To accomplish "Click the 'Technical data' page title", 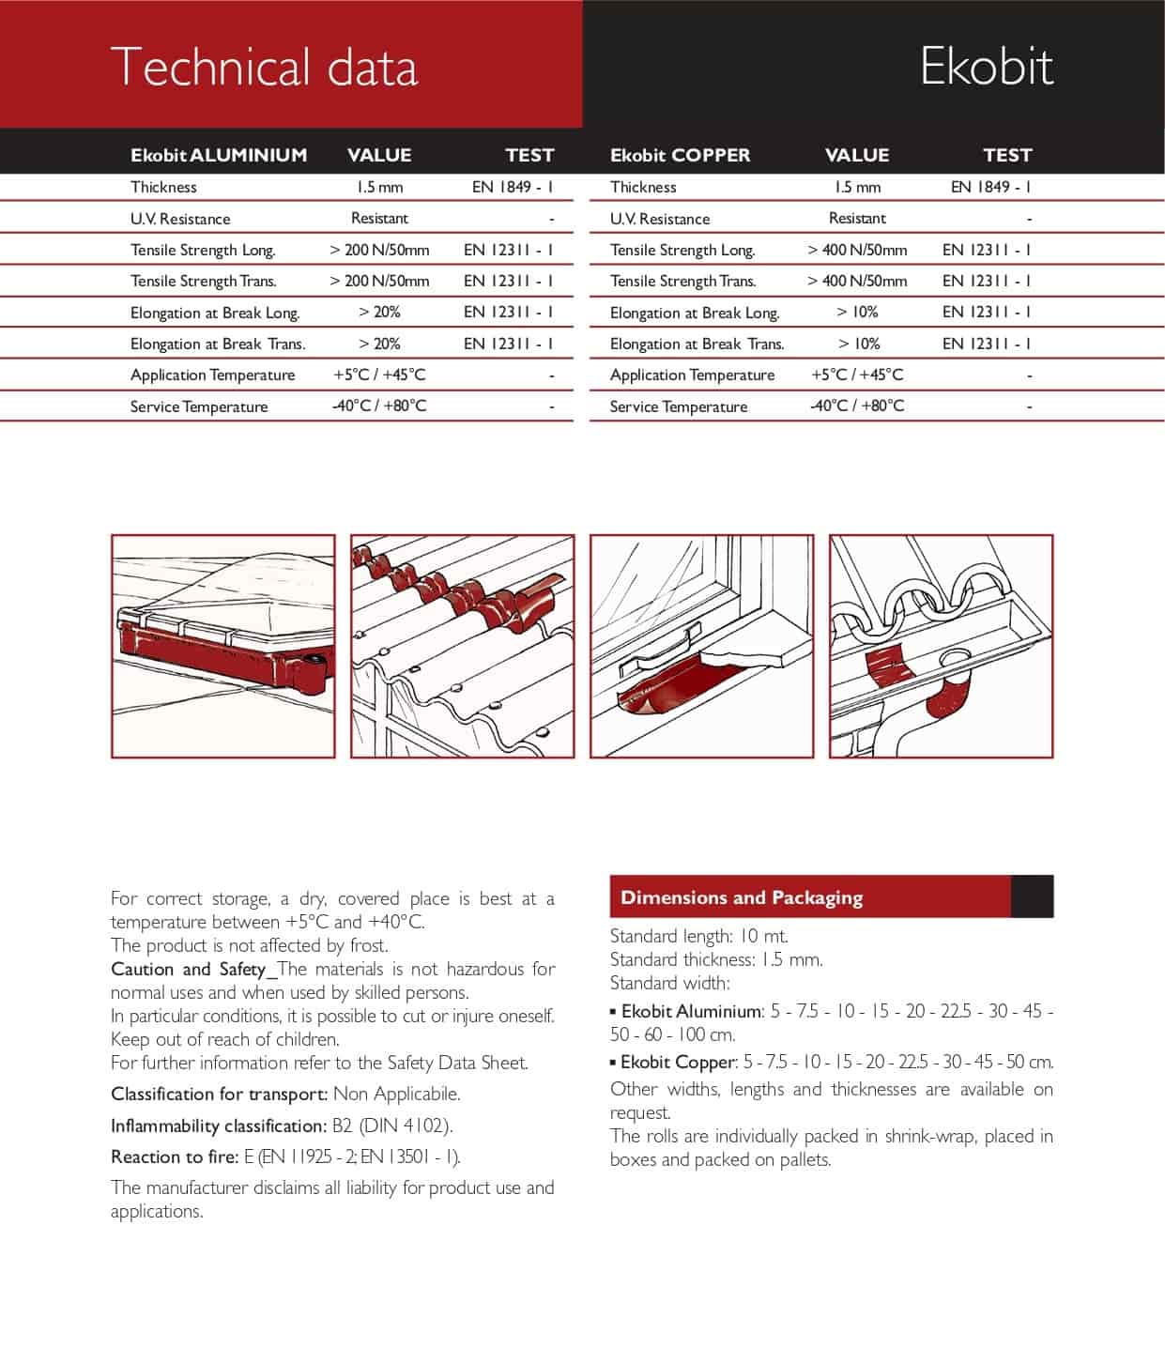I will tap(264, 68).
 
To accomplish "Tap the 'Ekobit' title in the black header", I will tap(986, 67).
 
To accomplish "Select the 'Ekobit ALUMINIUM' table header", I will tap(219, 155).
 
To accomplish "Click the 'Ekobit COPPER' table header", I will tap(680, 155).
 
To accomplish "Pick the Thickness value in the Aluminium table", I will tap(379, 187).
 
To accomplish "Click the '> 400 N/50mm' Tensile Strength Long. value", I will tap(857, 250).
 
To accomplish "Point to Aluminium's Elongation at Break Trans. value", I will tap(379, 344).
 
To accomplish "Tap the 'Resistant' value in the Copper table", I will tap(857, 218).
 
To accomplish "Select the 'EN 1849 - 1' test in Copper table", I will tap(990, 187).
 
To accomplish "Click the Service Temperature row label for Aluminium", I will tap(199, 406).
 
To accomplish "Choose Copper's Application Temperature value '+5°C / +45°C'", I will tap(857, 375).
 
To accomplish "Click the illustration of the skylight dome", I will tap(223, 646).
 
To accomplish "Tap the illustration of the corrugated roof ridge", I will tap(463, 646).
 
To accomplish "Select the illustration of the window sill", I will tap(702, 646).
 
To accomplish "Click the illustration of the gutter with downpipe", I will tap(942, 646).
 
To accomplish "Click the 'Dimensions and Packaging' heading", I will tap(742, 897).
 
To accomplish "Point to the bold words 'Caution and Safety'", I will tap(189, 969).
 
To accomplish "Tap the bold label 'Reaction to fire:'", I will tap(175, 1156).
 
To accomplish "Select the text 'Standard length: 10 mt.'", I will tap(699, 936).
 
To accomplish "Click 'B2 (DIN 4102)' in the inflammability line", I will tap(391, 1126).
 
